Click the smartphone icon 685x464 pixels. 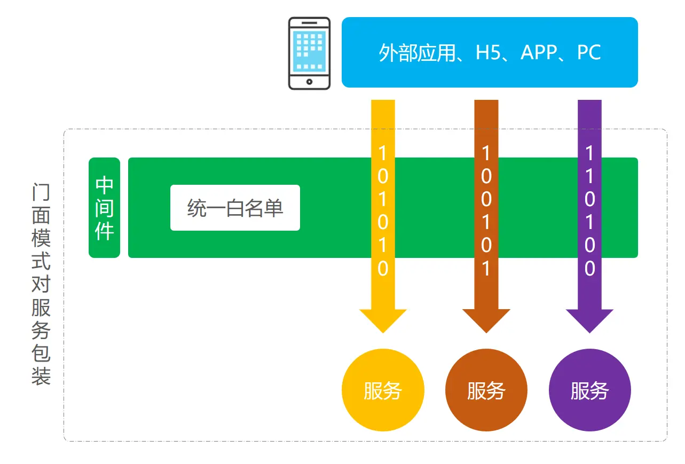pos(309,53)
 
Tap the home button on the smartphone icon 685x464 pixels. pos(309,82)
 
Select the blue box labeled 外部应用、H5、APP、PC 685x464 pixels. pos(489,52)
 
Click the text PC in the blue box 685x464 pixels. pos(589,53)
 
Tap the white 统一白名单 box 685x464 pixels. pos(235,208)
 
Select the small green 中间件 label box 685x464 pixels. pos(104,208)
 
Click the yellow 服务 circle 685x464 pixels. pos(383,390)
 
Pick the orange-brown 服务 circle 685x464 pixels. pos(486,390)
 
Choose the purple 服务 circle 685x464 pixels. pos(589,390)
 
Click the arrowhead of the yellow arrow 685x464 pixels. pos(383,320)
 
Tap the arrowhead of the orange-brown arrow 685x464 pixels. pos(486,320)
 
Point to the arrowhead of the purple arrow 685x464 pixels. pos(589,320)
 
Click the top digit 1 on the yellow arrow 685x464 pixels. pos(383,153)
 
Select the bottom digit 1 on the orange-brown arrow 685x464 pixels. pos(486,269)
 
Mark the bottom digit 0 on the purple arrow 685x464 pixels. pos(589,269)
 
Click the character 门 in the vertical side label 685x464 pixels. pos(41,192)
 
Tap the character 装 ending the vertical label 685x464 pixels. pos(41,376)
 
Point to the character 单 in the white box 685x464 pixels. pos(274,208)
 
